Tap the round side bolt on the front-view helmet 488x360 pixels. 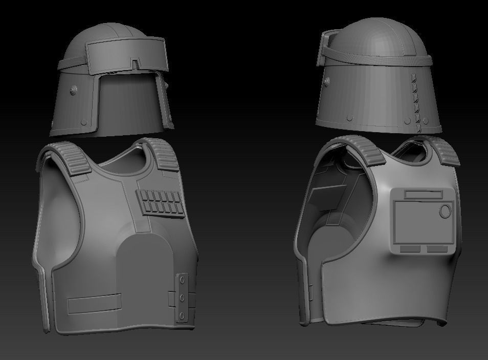(75, 90)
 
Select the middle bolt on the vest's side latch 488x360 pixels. (182, 297)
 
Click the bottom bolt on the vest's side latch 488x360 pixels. (182, 314)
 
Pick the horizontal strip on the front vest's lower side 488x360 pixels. (95, 304)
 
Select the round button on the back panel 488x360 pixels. (446, 210)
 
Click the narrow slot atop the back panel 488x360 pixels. (424, 194)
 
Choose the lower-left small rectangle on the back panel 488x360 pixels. (410, 249)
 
